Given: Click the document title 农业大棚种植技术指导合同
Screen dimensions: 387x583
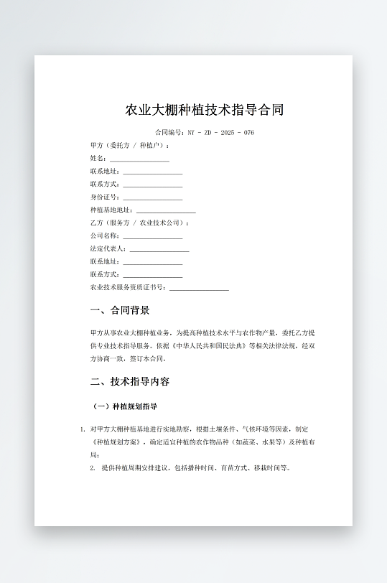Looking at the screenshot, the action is [205, 110].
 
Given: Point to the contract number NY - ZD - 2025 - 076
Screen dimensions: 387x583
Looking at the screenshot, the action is [220, 133].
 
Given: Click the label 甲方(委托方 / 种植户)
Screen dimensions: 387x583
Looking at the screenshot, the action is [129, 145].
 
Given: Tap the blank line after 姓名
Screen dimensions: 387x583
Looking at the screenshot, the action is [139, 159].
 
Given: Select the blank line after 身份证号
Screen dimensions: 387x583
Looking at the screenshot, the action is [152, 197].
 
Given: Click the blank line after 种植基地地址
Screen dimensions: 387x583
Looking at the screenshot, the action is [166, 210].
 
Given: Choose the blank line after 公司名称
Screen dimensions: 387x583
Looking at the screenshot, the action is [152, 236].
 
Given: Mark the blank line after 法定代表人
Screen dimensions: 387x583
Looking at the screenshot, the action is [159, 249].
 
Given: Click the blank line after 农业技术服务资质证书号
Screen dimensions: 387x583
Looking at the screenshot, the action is [199, 288].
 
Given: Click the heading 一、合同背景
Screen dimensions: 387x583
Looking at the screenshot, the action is [120, 311].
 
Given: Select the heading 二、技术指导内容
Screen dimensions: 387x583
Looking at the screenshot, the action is [130, 381].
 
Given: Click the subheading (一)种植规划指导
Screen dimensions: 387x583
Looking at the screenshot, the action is [126, 406].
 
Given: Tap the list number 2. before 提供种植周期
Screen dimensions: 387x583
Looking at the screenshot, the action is [93, 468].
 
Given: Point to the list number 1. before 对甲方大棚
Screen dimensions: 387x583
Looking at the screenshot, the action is [83, 429].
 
